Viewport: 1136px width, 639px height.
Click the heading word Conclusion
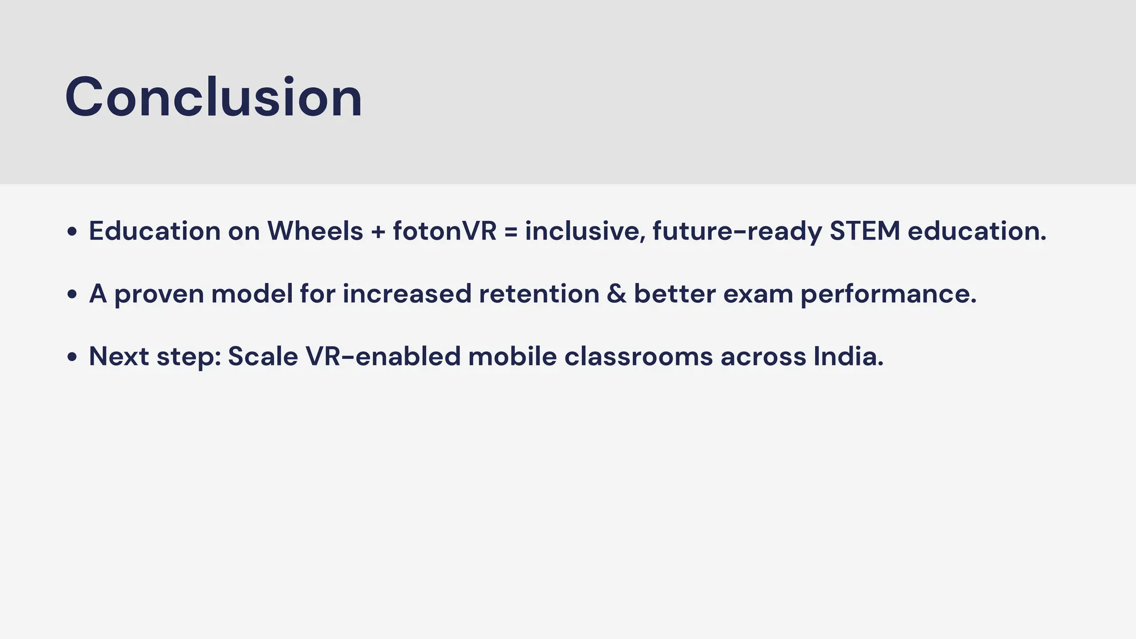point(214,98)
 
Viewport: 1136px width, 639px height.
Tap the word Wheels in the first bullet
point(315,231)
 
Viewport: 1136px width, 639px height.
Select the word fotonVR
point(445,231)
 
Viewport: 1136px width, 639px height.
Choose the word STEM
point(865,231)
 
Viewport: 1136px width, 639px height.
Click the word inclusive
point(585,231)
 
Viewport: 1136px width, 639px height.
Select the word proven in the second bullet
point(159,295)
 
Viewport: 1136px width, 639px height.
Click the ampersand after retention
point(616,294)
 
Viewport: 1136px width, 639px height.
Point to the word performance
point(887,295)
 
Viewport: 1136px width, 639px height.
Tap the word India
point(848,356)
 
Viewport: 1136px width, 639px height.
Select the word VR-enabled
point(383,356)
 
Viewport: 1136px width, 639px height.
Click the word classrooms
point(638,356)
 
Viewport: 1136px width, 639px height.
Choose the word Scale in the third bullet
point(263,356)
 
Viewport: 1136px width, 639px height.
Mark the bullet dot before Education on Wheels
point(71,232)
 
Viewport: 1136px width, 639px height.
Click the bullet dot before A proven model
point(71,295)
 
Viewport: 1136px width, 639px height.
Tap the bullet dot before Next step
point(71,357)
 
